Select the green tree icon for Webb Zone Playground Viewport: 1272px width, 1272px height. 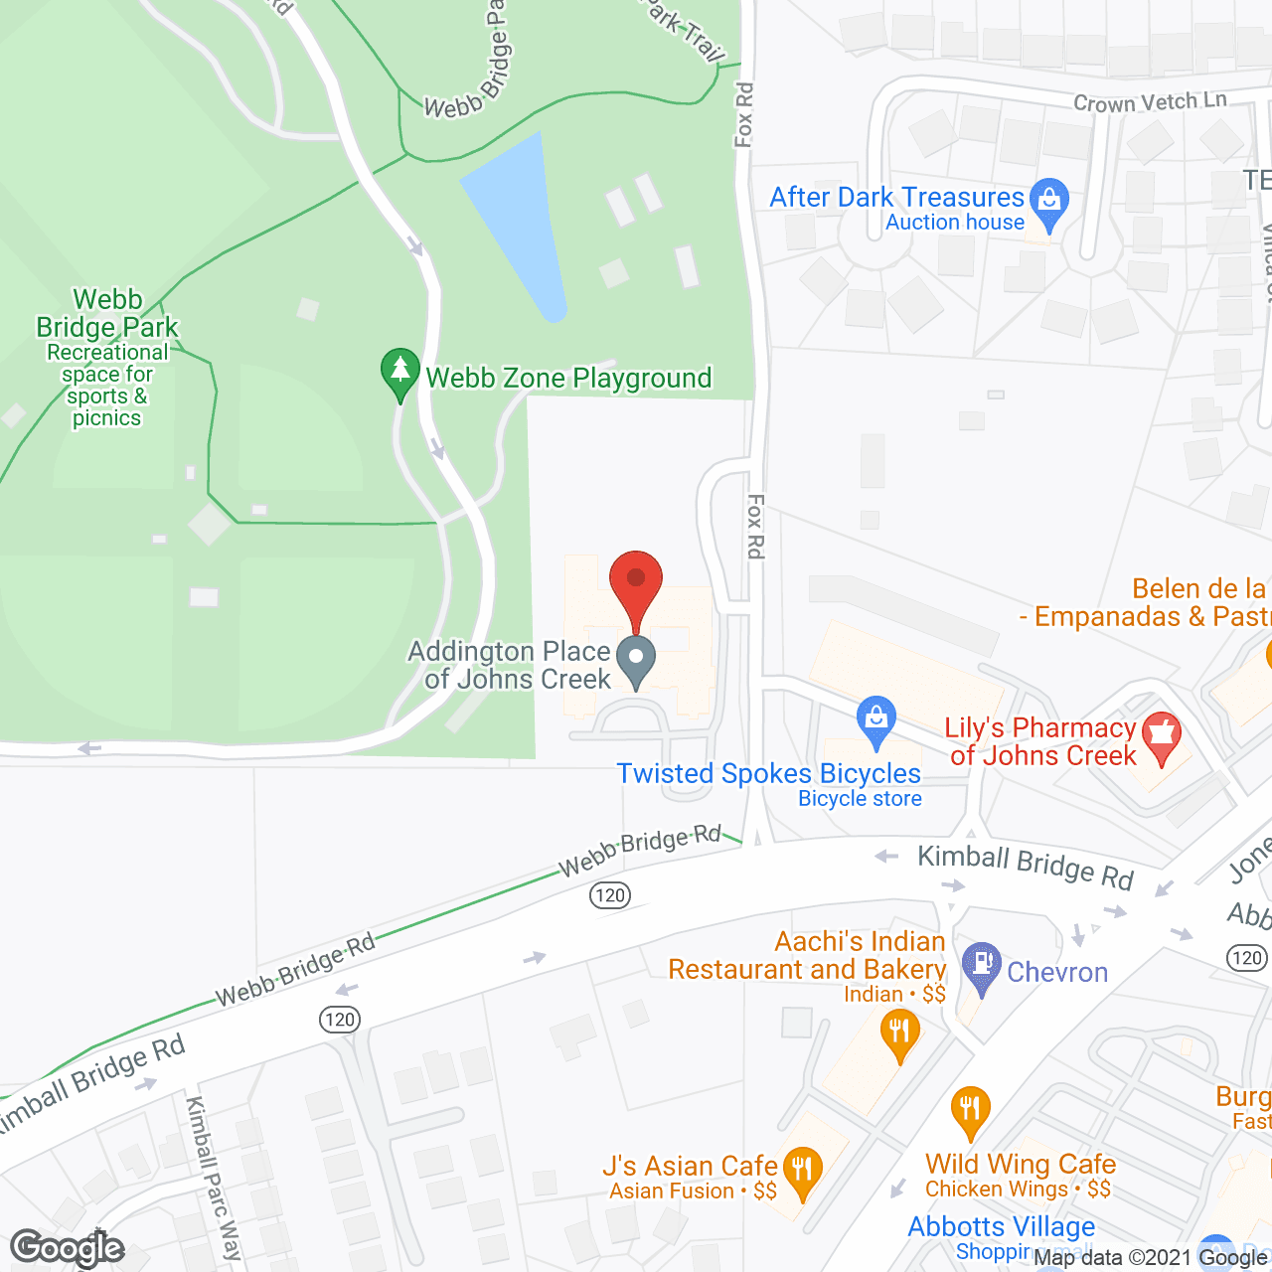tap(399, 372)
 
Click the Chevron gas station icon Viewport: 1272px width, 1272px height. tap(982, 966)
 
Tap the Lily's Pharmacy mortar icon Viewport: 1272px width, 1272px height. tap(1161, 737)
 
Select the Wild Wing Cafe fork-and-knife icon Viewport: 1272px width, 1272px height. tap(970, 1110)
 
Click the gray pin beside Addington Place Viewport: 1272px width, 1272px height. tap(636, 660)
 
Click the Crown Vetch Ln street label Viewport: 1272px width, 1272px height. tap(1149, 101)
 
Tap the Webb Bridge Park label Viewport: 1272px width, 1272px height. tap(107, 314)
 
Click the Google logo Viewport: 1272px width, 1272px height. tap(68, 1248)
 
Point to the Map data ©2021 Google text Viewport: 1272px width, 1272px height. tap(1150, 1258)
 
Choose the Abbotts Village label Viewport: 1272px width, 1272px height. tap(1001, 1226)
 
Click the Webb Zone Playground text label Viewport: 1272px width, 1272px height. tap(568, 378)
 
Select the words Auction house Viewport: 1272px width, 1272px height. tap(954, 223)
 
